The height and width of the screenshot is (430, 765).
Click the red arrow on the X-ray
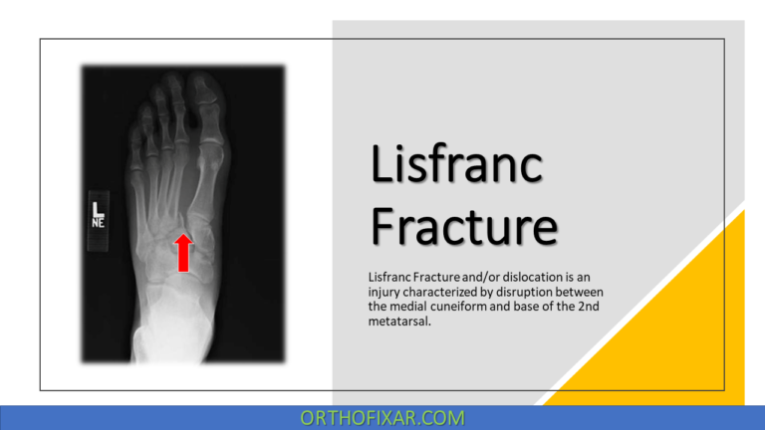pyautogui.click(x=183, y=252)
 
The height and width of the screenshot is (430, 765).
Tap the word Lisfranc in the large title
pyautogui.click(x=457, y=164)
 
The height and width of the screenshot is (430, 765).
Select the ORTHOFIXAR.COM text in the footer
pyautogui.click(x=382, y=418)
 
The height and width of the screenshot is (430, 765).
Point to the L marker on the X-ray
pyautogui.click(x=98, y=210)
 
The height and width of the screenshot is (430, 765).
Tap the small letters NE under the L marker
pyautogui.click(x=99, y=223)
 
